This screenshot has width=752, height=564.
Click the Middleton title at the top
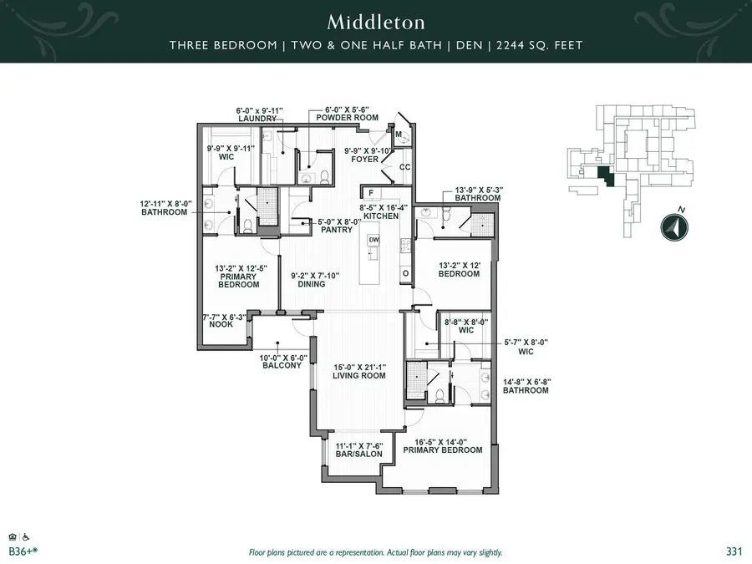point(376,21)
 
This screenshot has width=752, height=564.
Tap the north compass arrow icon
point(673,227)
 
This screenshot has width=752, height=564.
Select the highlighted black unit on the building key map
point(605,174)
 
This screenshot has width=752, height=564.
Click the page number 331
point(734,551)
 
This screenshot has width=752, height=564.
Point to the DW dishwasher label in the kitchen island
point(373,240)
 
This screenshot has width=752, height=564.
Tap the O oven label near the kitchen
point(406,273)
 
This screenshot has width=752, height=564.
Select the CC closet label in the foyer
point(404,166)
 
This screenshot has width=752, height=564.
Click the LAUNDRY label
point(257,119)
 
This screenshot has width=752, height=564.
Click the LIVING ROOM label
point(358,375)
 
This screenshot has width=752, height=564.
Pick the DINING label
point(311,283)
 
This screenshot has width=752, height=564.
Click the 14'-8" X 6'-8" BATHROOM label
point(526,390)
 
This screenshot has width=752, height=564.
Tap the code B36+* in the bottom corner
point(22,551)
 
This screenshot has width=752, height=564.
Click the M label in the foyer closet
point(399,135)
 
